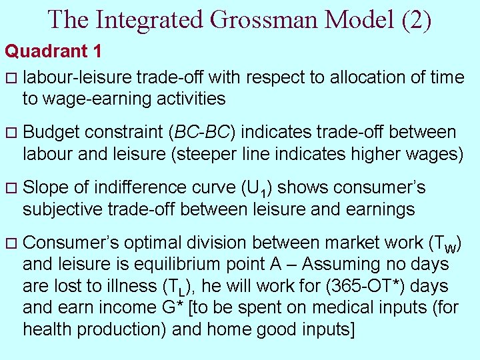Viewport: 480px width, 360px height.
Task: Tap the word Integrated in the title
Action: tap(151, 19)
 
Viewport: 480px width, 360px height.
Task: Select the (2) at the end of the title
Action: tap(417, 19)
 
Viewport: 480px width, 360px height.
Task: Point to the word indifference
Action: tap(156, 188)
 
